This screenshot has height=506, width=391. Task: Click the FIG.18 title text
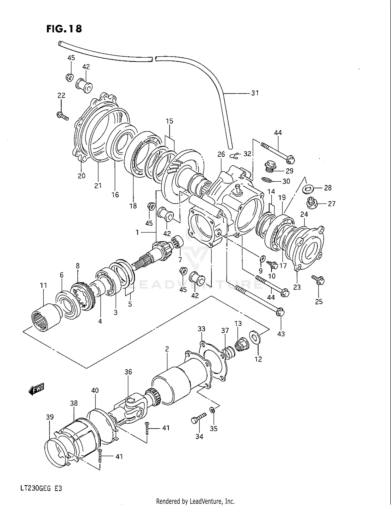coord(64,29)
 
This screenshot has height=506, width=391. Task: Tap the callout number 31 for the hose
coord(255,93)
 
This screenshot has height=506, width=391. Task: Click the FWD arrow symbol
coord(36,389)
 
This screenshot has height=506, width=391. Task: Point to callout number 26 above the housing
coord(221,154)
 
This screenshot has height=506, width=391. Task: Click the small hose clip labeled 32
coord(235,156)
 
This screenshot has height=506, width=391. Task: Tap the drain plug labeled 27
coord(312,204)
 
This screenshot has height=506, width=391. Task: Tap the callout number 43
coord(281,334)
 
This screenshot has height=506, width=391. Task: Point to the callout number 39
coord(50,417)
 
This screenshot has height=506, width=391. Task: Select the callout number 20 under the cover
coord(82,176)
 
